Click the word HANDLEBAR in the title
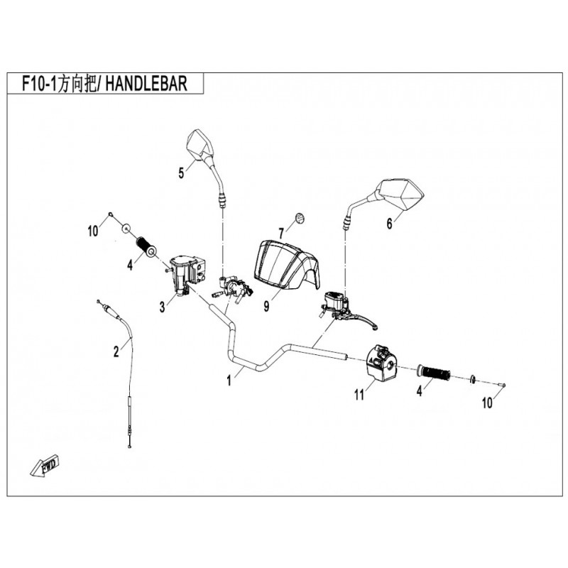coord(148,84)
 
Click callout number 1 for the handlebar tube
coord(229,381)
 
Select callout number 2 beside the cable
coord(116,350)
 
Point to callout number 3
coord(163,307)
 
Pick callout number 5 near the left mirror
coord(180,171)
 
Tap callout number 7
coord(280,232)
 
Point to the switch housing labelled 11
coord(381,361)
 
